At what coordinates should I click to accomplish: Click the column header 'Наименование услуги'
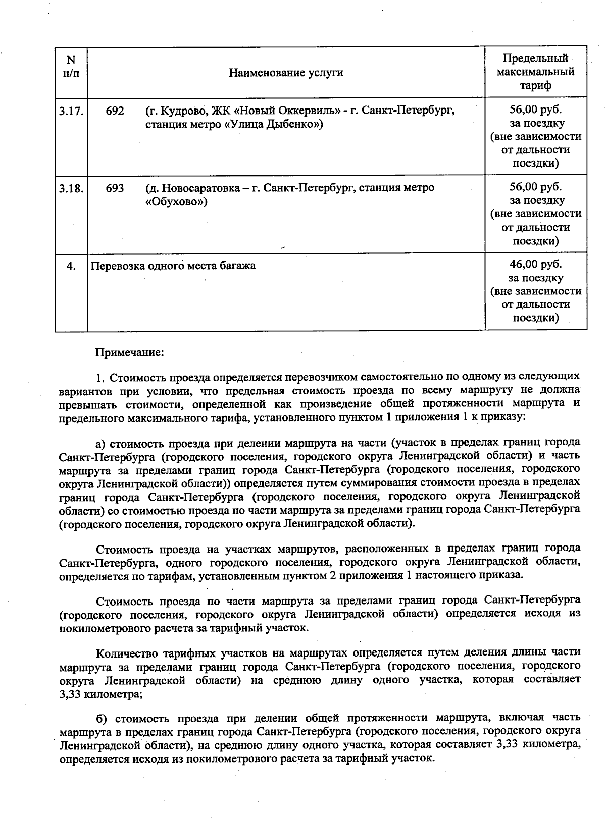pos(286,73)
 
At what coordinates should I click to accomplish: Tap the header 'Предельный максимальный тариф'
pos(535,72)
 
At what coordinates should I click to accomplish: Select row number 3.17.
pos(71,111)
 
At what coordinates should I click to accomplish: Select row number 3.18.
pos(71,189)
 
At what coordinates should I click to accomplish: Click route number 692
pos(115,111)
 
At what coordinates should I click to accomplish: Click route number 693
pos(115,189)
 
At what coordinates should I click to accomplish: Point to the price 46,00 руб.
pos(535,264)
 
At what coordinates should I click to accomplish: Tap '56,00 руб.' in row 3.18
pos(535,187)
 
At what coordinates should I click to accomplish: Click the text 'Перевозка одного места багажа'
pos(173,266)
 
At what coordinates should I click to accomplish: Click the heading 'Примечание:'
pos(130,352)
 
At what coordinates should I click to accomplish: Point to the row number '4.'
pos(71,266)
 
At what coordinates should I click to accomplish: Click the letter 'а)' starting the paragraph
pos(100,443)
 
